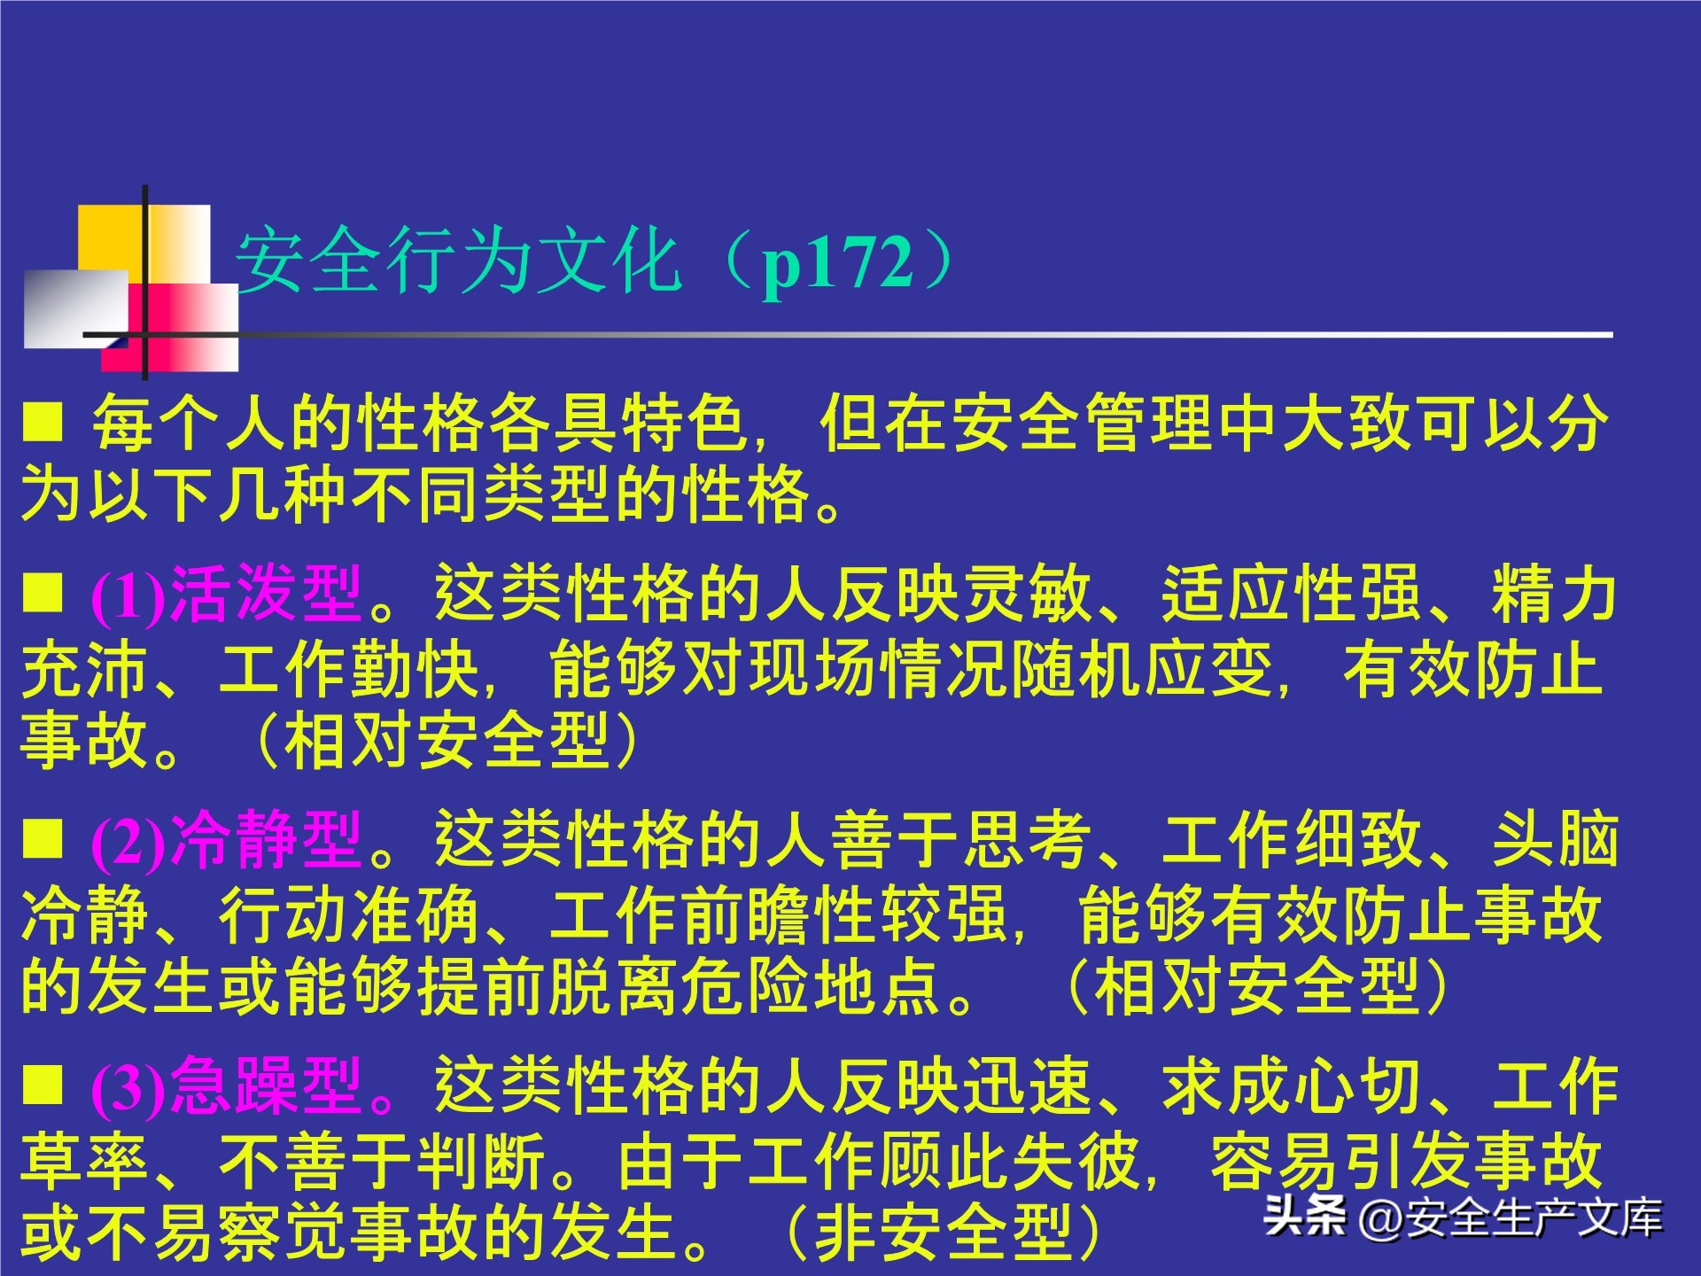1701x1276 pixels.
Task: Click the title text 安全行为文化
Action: click(457, 261)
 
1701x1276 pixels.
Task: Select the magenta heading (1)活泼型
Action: click(227, 595)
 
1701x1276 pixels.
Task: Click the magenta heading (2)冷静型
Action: click(227, 840)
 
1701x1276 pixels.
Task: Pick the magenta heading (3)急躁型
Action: click(227, 1086)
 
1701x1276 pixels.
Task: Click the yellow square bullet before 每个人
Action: click(43, 422)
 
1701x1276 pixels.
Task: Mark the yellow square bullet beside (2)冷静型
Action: click(43, 838)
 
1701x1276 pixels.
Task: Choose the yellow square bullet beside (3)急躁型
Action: click(43, 1085)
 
